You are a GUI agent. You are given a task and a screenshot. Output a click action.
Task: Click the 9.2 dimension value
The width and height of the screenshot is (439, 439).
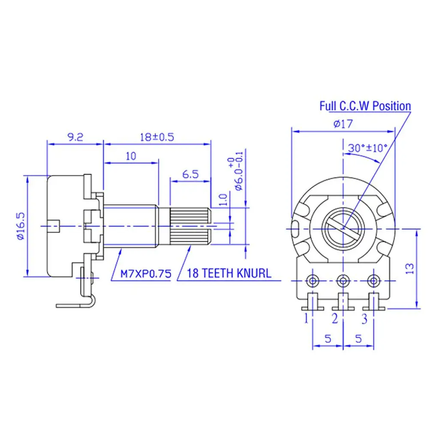tap(75, 137)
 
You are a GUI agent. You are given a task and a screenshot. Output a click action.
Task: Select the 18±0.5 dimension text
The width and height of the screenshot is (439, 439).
tap(157, 137)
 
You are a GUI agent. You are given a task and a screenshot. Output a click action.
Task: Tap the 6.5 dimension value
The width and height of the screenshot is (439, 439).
tap(190, 174)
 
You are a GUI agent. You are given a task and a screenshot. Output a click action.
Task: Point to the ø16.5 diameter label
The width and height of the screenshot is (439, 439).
tap(21, 226)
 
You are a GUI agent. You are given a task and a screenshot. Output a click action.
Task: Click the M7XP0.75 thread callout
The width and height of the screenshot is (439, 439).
tap(146, 274)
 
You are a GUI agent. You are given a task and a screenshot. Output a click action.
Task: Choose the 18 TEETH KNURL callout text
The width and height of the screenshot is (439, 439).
tap(229, 273)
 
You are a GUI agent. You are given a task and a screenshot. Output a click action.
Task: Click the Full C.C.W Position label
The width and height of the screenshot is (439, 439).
tap(365, 106)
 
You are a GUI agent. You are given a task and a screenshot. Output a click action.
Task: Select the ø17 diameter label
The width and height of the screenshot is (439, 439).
tap(343, 123)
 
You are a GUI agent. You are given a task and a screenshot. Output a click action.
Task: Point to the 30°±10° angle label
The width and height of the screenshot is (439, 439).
tap(367, 148)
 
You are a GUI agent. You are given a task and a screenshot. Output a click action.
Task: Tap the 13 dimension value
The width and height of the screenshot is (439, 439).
tap(409, 269)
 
